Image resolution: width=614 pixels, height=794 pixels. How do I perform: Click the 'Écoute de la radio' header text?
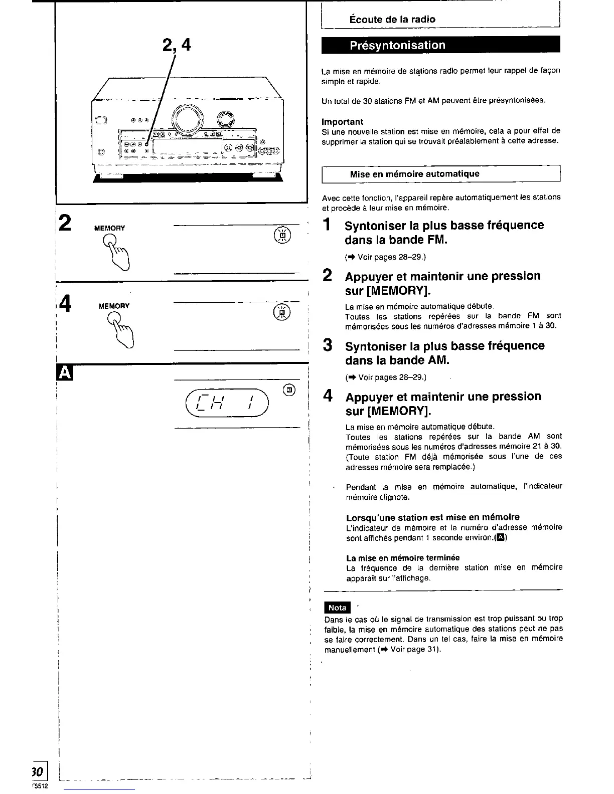(x=392, y=20)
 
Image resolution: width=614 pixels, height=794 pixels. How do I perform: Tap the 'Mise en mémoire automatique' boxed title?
(x=414, y=174)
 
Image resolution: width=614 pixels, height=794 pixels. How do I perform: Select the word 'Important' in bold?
(x=343, y=121)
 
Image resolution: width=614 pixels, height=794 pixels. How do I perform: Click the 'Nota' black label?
(x=338, y=608)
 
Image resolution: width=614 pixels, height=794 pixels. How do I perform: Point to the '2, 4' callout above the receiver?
(x=177, y=46)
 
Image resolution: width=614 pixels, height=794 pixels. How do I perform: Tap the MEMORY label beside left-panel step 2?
(x=110, y=228)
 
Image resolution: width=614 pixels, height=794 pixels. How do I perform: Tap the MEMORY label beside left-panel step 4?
(x=114, y=306)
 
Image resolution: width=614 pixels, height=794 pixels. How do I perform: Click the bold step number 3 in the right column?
(x=328, y=345)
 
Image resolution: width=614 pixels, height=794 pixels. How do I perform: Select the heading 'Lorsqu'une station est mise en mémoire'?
(x=432, y=517)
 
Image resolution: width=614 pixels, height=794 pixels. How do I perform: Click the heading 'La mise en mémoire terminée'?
(x=403, y=557)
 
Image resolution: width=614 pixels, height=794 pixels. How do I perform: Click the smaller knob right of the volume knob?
(x=225, y=120)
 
